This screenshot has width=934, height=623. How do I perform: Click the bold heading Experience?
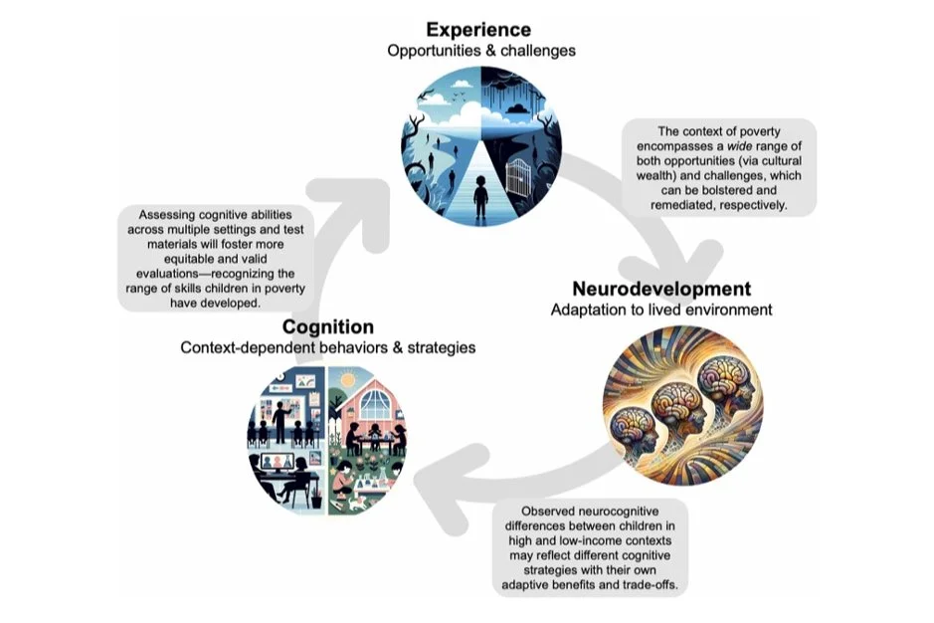point(478,29)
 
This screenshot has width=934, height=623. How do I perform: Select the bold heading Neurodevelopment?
point(660,290)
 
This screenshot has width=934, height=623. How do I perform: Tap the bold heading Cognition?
point(327,326)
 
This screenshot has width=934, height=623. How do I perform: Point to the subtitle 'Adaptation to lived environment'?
point(660,311)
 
